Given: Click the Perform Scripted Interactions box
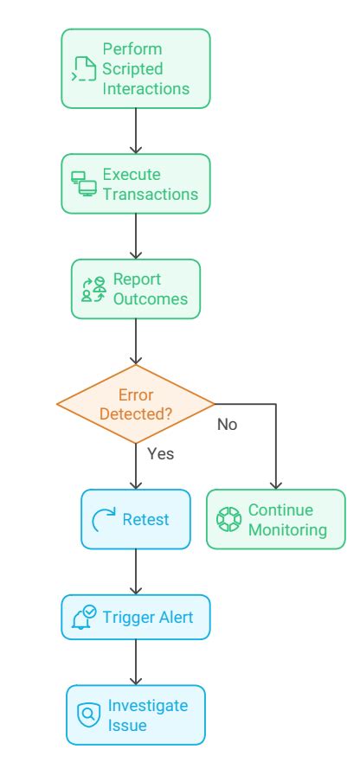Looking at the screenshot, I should pos(136,68).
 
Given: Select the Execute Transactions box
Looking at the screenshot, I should pos(136,183).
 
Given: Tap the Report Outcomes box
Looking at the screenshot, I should pos(136,290).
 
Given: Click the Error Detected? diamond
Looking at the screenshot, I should pos(136,402).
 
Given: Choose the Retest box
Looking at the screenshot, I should pos(136,519).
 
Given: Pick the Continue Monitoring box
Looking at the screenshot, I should pos(275,519).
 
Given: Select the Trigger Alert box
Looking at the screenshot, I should pos(136,617).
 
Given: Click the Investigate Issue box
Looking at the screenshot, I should pos(136,715).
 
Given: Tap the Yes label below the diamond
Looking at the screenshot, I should pos(161,453).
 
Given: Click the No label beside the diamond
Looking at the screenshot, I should pos(227,425).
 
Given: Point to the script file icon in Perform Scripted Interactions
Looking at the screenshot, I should pos(84,69).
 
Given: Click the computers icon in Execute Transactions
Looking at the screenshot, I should pos(83,183).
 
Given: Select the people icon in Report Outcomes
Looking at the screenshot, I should pos(93,290).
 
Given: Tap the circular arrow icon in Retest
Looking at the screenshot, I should pos(103,520).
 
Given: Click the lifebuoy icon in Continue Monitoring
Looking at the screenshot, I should pos(228,520).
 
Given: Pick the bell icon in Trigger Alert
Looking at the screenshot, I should pos(85,618).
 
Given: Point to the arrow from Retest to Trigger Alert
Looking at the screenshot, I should pos(136,571).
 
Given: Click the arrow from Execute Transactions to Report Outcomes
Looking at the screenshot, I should pos(136,235).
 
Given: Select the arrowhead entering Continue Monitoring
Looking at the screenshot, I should pos(275,485).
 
